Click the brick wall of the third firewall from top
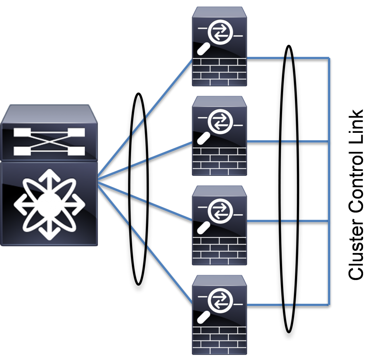[x=219, y=250]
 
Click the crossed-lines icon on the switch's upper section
[x=49, y=142]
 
